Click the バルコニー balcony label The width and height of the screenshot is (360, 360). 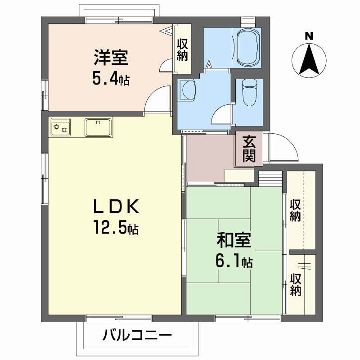pyautogui.click(x=137, y=335)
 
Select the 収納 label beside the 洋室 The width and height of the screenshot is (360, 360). pyautogui.click(x=182, y=50)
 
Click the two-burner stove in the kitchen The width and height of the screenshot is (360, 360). pyautogui.click(x=61, y=127)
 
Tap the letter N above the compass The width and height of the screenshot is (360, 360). pyautogui.click(x=309, y=36)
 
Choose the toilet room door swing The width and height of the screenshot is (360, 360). pyautogui.click(x=221, y=114)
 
